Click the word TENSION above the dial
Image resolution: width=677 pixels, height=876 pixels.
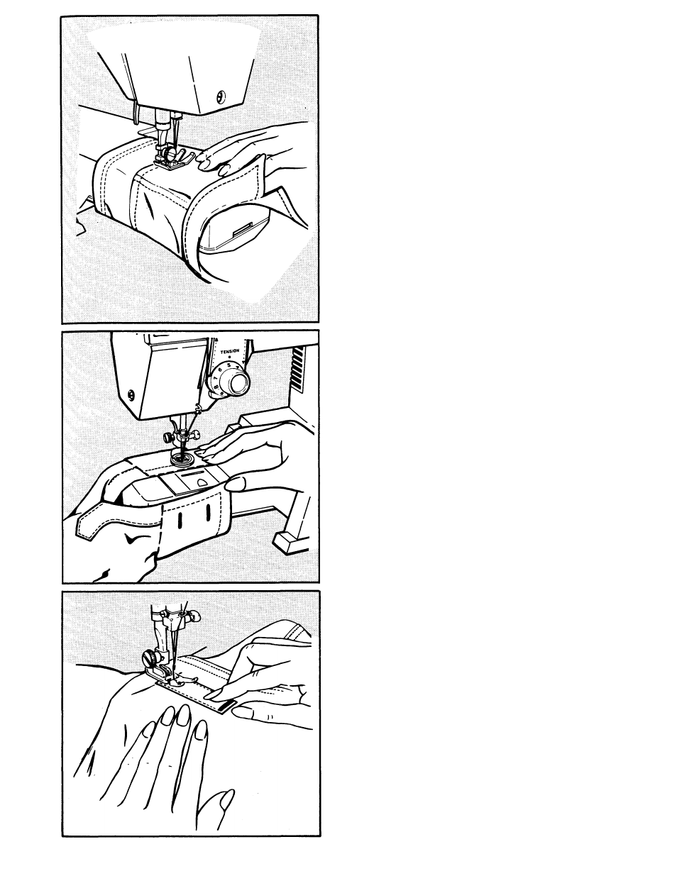pos(229,351)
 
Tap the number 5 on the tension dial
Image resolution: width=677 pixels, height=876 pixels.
pos(229,365)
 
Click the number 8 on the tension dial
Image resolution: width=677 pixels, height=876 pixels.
pos(216,387)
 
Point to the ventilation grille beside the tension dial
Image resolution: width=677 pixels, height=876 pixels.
pos(297,370)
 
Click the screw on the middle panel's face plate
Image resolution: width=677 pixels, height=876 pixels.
pos(131,394)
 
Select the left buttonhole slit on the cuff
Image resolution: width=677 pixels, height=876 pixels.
pos(180,520)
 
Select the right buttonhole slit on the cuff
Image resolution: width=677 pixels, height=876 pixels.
pos(208,512)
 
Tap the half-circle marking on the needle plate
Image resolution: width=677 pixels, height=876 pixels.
pos(202,482)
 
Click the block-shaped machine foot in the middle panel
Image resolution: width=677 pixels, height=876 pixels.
pos(291,543)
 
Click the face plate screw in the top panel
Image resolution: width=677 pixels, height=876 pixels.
pos(221,97)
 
